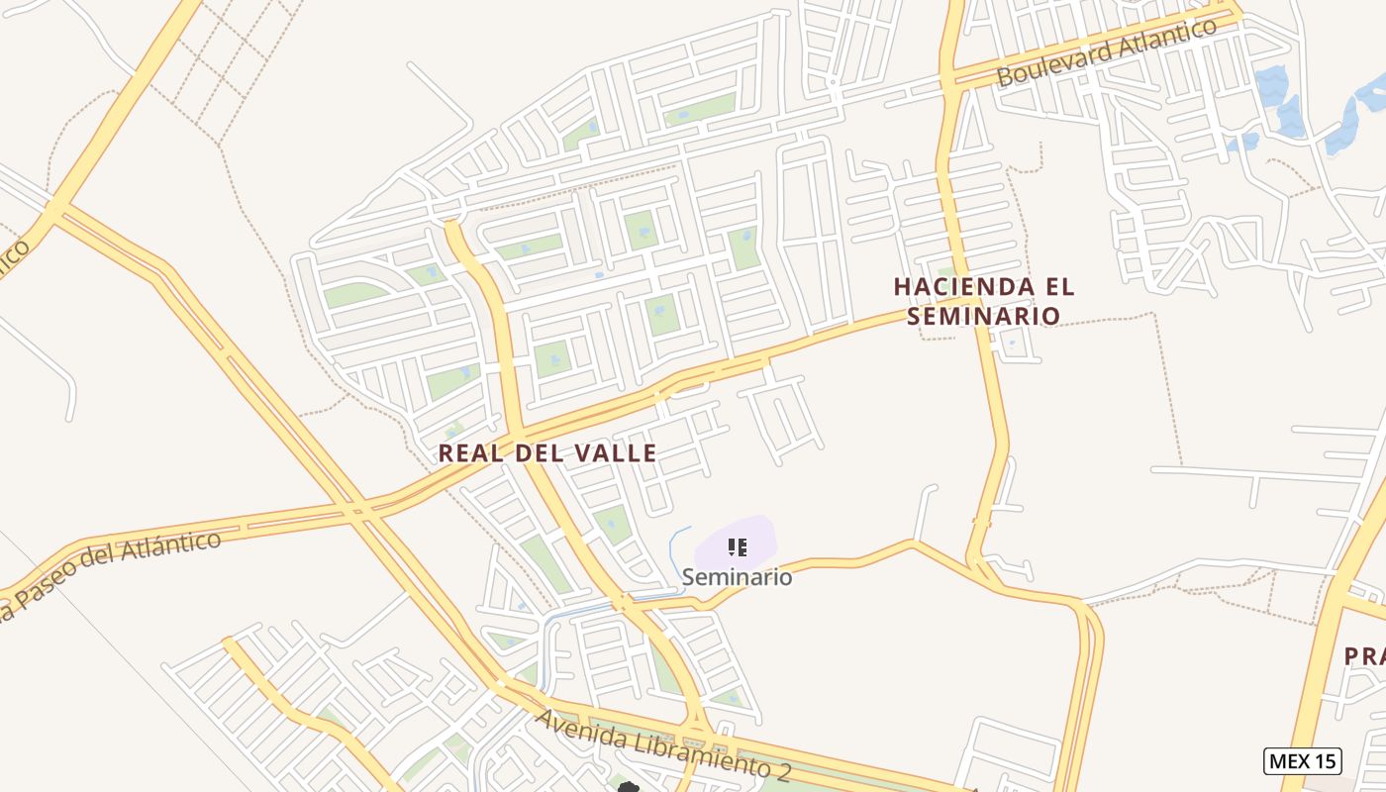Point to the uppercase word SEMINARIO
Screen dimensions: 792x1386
click(x=983, y=316)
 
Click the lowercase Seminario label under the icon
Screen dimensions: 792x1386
click(x=737, y=576)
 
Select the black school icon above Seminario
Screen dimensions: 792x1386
click(x=737, y=546)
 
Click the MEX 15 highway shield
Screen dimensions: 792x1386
click(x=1302, y=760)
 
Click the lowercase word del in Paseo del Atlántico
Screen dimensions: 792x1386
click(x=107, y=566)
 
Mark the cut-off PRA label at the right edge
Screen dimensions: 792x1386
click(x=1364, y=655)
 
